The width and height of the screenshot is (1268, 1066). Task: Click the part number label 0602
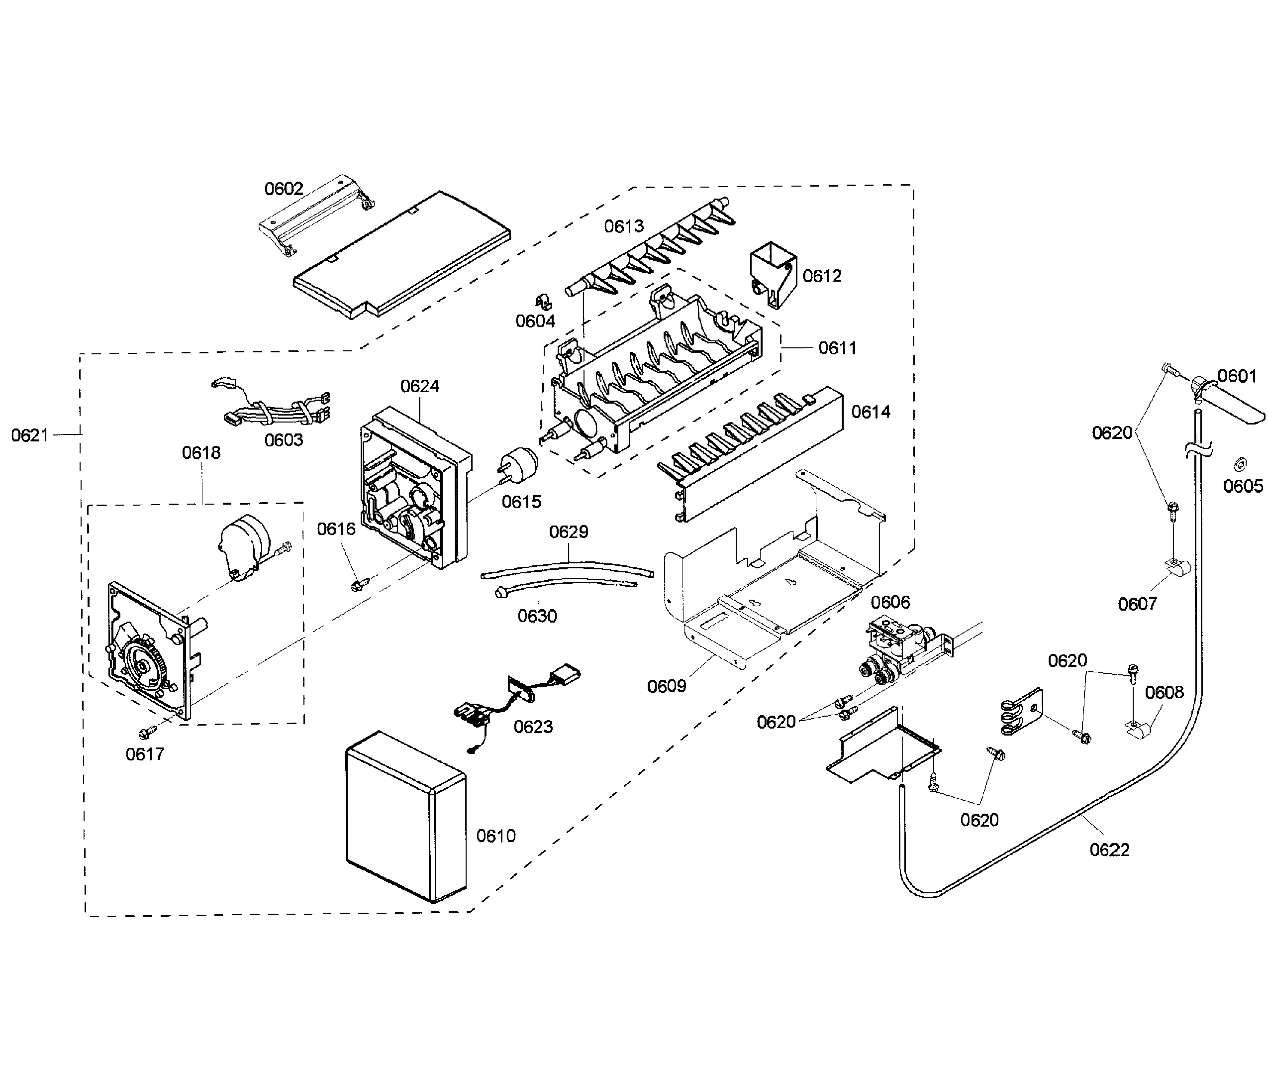(x=284, y=189)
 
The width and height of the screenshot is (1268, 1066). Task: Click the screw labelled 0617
(x=145, y=733)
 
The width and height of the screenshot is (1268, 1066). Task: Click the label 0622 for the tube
(x=1109, y=850)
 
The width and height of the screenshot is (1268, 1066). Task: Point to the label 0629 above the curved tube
(x=568, y=532)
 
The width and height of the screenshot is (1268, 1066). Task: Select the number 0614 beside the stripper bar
(x=871, y=412)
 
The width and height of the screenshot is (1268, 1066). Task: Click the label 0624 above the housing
(x=419, y=386)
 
